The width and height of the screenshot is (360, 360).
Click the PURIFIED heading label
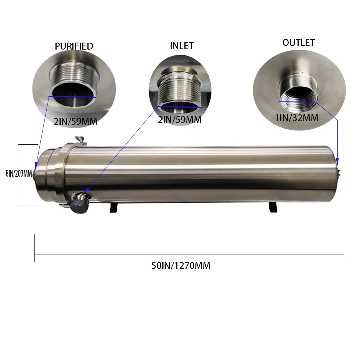[x=74, y=46]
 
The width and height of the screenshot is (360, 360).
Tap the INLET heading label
[x=181, y=46]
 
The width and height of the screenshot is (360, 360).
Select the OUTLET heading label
[x=298, y=43]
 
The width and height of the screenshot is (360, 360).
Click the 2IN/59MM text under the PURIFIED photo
[x=75, y=122]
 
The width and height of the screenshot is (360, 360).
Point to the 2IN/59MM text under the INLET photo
[x=180, y=120]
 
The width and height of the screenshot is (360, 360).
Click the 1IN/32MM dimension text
[x=296, y=118]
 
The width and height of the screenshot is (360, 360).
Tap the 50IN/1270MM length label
[x=181, y=266]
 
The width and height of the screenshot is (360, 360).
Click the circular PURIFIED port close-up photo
[x=74, y=87]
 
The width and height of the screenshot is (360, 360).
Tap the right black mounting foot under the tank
[x=273, y=207]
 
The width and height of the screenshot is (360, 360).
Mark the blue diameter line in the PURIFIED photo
[x=72, y=97]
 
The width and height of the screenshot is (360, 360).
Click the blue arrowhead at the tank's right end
[x=338, y=161]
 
